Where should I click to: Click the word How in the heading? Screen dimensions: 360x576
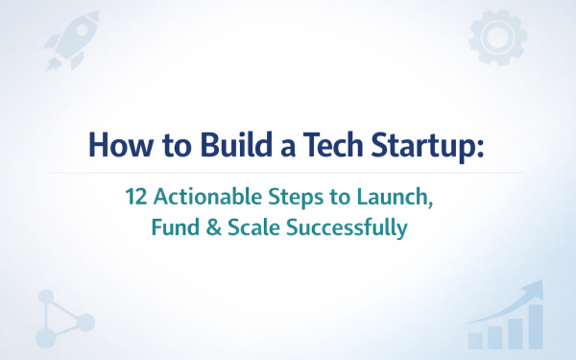113,145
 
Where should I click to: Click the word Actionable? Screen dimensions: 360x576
204,198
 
